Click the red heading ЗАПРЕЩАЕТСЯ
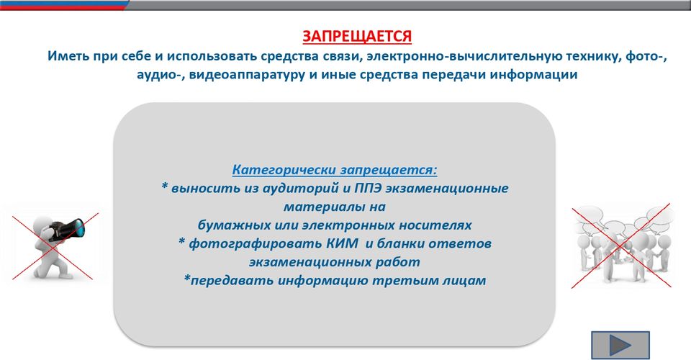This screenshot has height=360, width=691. (x=357, y=36)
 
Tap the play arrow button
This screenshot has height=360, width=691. (x=620, y=346)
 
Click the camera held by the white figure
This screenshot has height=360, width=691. (x=66, y=229)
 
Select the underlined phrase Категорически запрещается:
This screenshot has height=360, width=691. (x=335, y=170)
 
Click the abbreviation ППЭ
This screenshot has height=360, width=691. (x=368, y=188)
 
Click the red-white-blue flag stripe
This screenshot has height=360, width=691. (x=64, y=5)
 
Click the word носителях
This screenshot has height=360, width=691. (x=435, y=225)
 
